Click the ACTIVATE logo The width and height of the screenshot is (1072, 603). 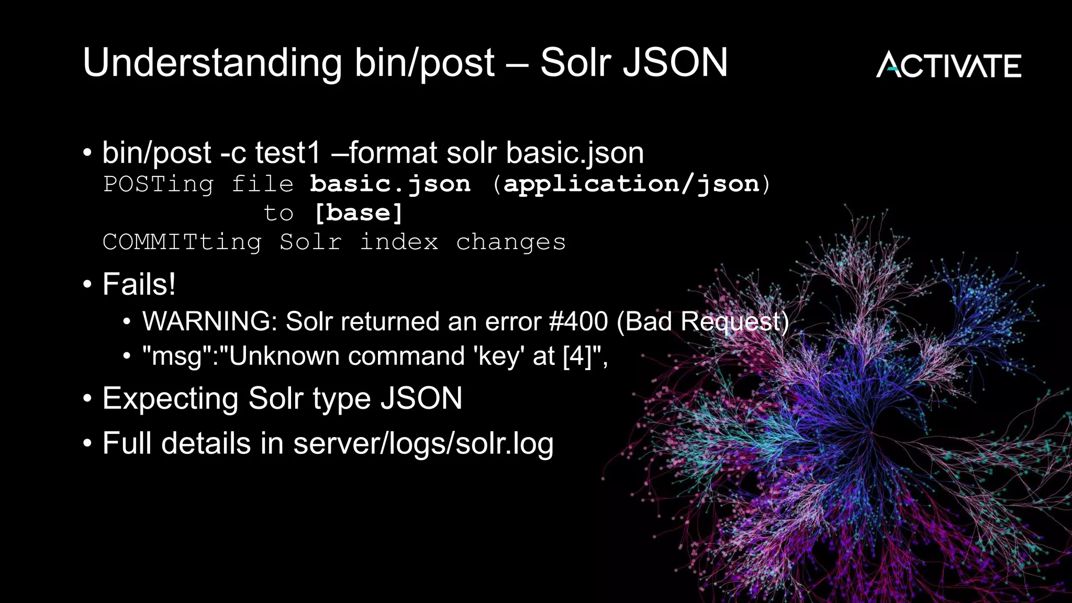click(948, 65)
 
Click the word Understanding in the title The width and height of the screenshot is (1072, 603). click(212, 63)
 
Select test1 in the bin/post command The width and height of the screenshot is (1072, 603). click(287, 153)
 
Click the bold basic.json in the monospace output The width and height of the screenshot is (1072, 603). click(390, 184)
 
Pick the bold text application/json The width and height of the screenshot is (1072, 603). click(631, 184)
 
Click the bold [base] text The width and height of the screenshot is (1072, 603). click(359, 213)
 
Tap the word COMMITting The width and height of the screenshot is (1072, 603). click(182, 242)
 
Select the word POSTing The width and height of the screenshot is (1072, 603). click(158, 184)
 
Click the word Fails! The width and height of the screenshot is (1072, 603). click(139, 284)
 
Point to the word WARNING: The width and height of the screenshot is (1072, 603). click(209, 321)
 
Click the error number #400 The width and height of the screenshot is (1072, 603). click(578, 321)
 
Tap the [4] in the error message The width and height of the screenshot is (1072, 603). click(578, 356)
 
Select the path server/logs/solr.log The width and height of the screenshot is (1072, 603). click(423, 444)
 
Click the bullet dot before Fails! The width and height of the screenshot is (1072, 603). click(87, 285)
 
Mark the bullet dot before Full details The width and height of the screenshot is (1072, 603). click(87, 444)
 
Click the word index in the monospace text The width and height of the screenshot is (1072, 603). click(399, 242)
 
